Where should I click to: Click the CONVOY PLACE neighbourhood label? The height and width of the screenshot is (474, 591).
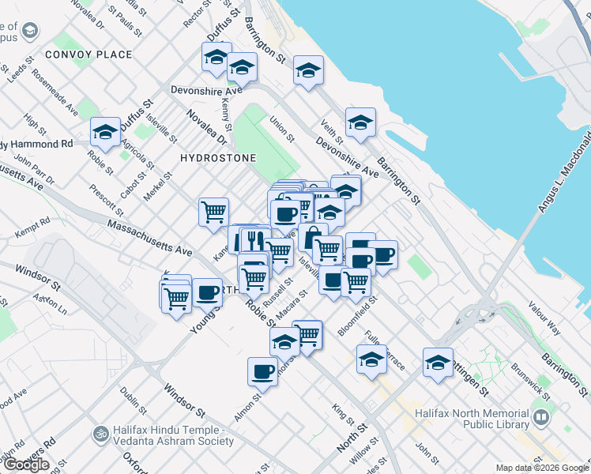click(x=88, y=55)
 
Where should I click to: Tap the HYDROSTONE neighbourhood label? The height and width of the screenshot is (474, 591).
click(x=218, y=158)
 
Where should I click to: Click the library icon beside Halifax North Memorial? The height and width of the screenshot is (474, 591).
click(x=541, y=416)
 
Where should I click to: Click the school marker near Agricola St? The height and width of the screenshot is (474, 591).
click(x=104, y=132)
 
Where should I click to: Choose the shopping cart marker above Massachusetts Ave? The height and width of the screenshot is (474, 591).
click(x=213, y=212)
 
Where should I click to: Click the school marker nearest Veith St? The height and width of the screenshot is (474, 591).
click(x=360, y=122)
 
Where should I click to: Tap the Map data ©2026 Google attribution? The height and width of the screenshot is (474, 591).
click(x=542, y=468)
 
